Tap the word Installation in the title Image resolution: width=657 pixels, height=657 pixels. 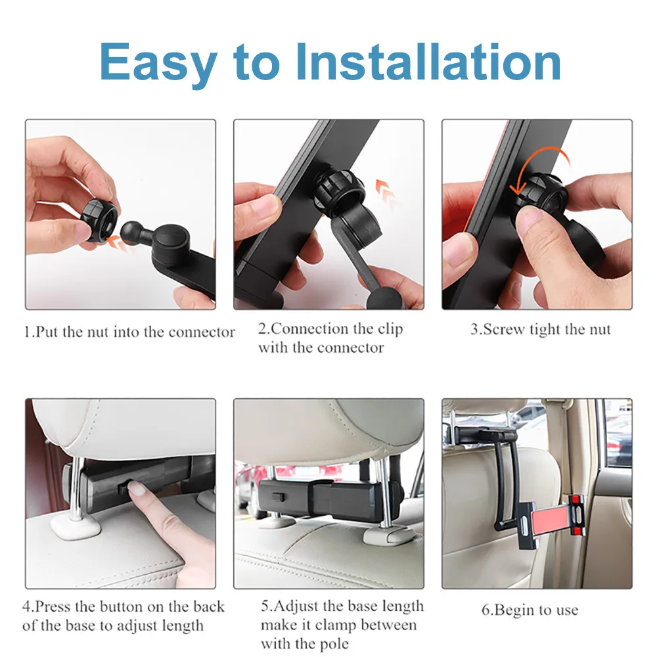coord(428,62)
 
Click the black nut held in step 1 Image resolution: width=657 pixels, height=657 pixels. coord(98,219)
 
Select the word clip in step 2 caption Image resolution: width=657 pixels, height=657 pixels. coord(390,330)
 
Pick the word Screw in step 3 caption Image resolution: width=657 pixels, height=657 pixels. coord(505,329)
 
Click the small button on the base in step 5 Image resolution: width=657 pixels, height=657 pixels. coord(278,497)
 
